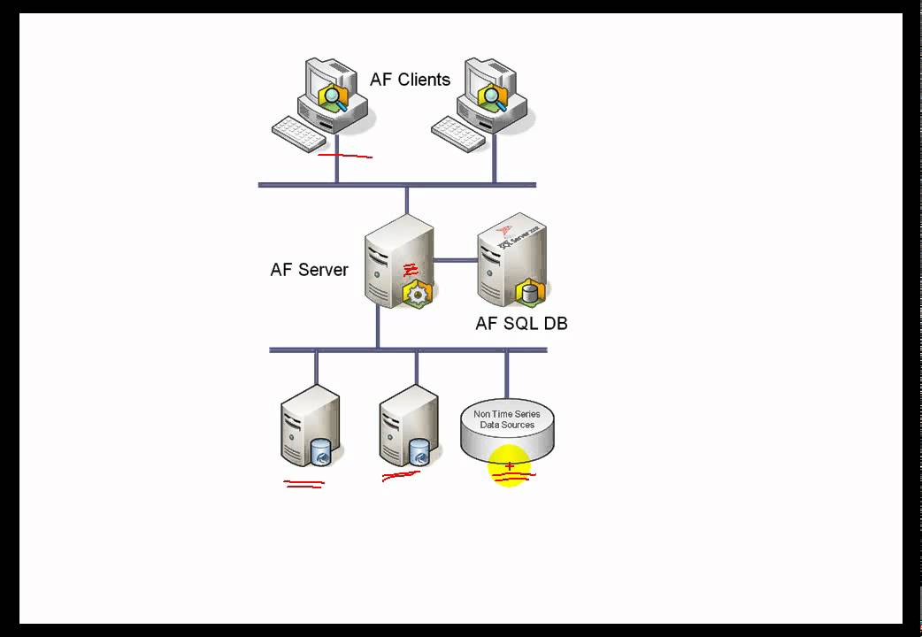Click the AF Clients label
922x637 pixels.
point(410,80)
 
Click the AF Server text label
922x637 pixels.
point(309,270)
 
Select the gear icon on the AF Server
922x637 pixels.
point(416,293)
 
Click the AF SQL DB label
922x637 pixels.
point(521,324)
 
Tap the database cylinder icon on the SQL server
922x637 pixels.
point(530,291)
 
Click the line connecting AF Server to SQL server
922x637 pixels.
point(456,260)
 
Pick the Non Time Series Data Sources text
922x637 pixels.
point(506,419)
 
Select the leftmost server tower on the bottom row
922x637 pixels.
point(306,425)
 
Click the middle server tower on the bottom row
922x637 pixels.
point(404,425)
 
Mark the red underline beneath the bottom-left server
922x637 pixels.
point(303,484)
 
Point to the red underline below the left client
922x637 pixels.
point(345,157)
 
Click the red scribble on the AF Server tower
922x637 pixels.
point(410,270)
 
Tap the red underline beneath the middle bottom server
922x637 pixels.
point(401,476)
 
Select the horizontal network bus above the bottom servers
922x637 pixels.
point(408,350)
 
